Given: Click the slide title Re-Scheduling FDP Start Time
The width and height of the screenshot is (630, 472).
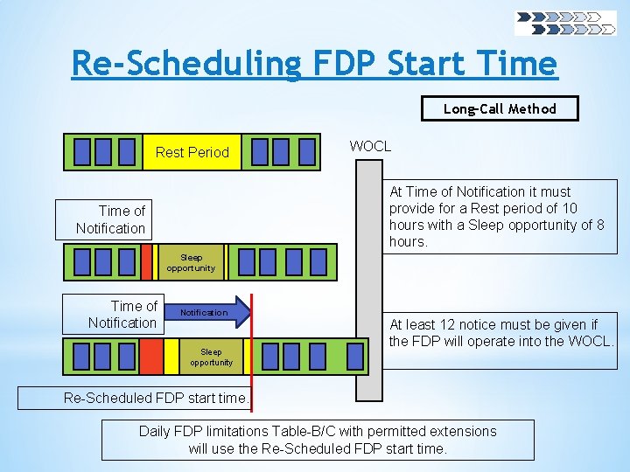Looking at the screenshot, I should coord(314,63).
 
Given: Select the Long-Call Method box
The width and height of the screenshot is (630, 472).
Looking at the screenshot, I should coord(500,108).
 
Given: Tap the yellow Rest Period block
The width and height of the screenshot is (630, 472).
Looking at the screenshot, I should coord(192,152).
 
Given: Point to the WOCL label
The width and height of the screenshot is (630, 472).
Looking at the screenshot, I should coord(370,146).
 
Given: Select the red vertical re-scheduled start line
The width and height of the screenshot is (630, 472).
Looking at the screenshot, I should coord(252,350).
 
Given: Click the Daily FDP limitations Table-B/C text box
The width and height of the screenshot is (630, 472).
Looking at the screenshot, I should coord(318,440).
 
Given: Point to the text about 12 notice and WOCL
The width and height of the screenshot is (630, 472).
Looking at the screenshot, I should coord(501,333).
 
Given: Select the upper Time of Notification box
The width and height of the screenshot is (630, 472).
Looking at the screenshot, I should coord(101,219).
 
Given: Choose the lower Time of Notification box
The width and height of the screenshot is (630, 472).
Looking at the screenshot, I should coord(110,314).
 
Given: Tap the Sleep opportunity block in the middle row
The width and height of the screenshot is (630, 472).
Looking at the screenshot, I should coord(191,262).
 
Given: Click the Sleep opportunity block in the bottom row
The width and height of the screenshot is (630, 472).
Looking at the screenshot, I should coord(211,357).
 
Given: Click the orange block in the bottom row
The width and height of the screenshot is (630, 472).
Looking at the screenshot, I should coord(152,357).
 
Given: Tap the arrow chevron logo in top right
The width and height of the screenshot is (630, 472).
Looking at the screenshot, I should coord(565,23).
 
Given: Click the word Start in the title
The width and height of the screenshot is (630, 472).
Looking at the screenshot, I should coord(423,63).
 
